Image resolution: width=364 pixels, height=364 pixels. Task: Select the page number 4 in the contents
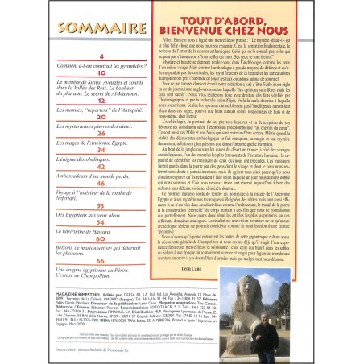(x=101, y=56)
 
